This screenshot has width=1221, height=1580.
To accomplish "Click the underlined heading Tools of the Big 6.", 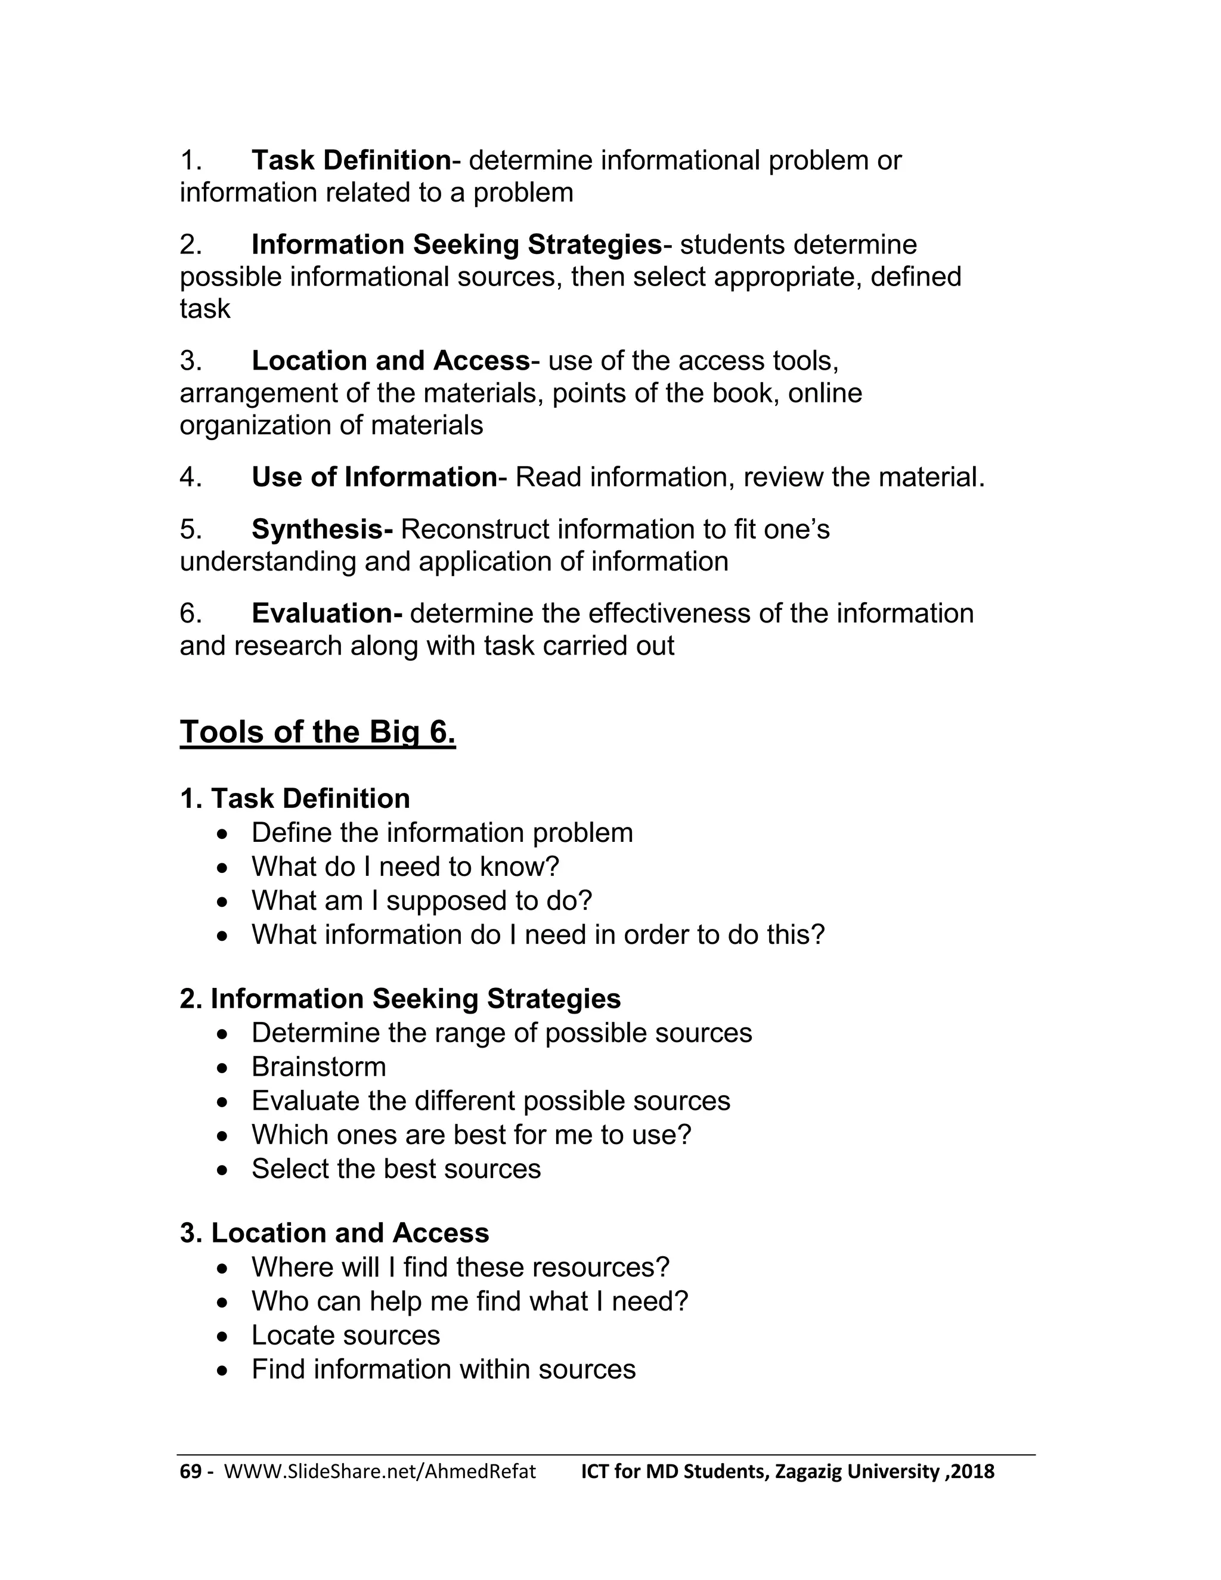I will point(318,732).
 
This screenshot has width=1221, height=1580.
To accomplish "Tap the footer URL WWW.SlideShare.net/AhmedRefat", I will point(380,1471).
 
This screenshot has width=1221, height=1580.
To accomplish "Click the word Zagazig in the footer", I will point(808,1471).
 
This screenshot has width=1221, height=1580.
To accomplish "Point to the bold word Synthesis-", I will point(322,529).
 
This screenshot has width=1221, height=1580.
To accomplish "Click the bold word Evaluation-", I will point(326,614).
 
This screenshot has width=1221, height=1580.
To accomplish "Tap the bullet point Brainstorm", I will point(318,1067).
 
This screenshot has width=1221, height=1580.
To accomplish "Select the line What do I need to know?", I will point(405,867).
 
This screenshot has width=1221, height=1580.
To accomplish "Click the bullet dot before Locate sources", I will point(224,1336).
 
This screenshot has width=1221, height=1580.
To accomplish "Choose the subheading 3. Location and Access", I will point(334,1234).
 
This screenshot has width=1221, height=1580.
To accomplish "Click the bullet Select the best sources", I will point(396,1169).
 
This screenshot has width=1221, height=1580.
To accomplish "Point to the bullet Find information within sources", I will point(444,1370).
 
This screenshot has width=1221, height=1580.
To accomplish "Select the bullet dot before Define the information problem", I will point(224,834).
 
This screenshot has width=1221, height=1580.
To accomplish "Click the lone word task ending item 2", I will point(204,309).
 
